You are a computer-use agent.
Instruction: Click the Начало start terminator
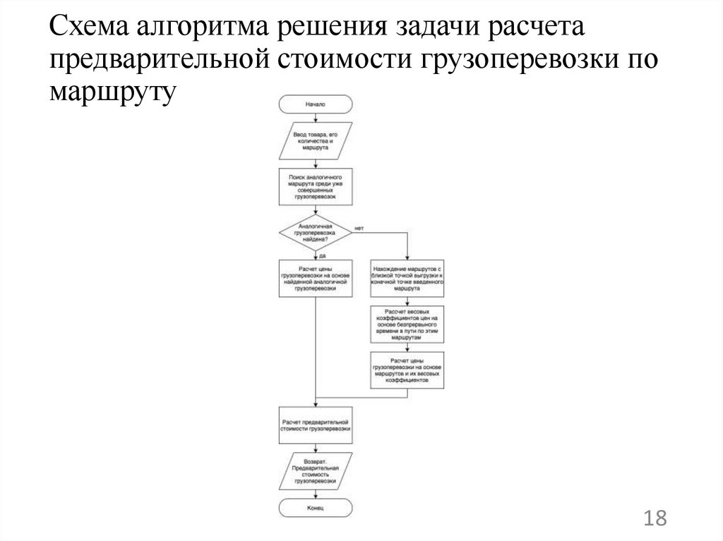[315, 104]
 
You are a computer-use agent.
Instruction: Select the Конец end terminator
[315, 508]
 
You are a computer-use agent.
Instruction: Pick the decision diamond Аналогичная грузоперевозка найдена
[315, 233]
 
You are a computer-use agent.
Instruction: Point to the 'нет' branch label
[359, 228]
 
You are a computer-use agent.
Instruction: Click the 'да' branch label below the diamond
[322, 255]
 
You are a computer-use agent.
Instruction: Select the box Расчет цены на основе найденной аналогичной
[315, 279]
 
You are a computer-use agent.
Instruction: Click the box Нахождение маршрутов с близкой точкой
[407, 279]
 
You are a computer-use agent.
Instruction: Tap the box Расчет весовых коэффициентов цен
[407, 324]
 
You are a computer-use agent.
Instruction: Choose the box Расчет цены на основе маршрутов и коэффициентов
[407, 370]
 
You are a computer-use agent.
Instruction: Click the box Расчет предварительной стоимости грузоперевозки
[315, 425]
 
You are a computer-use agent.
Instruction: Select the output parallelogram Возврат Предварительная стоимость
[315, 471]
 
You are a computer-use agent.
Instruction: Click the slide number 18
[655, 518]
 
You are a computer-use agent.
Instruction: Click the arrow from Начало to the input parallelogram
[315, 119]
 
